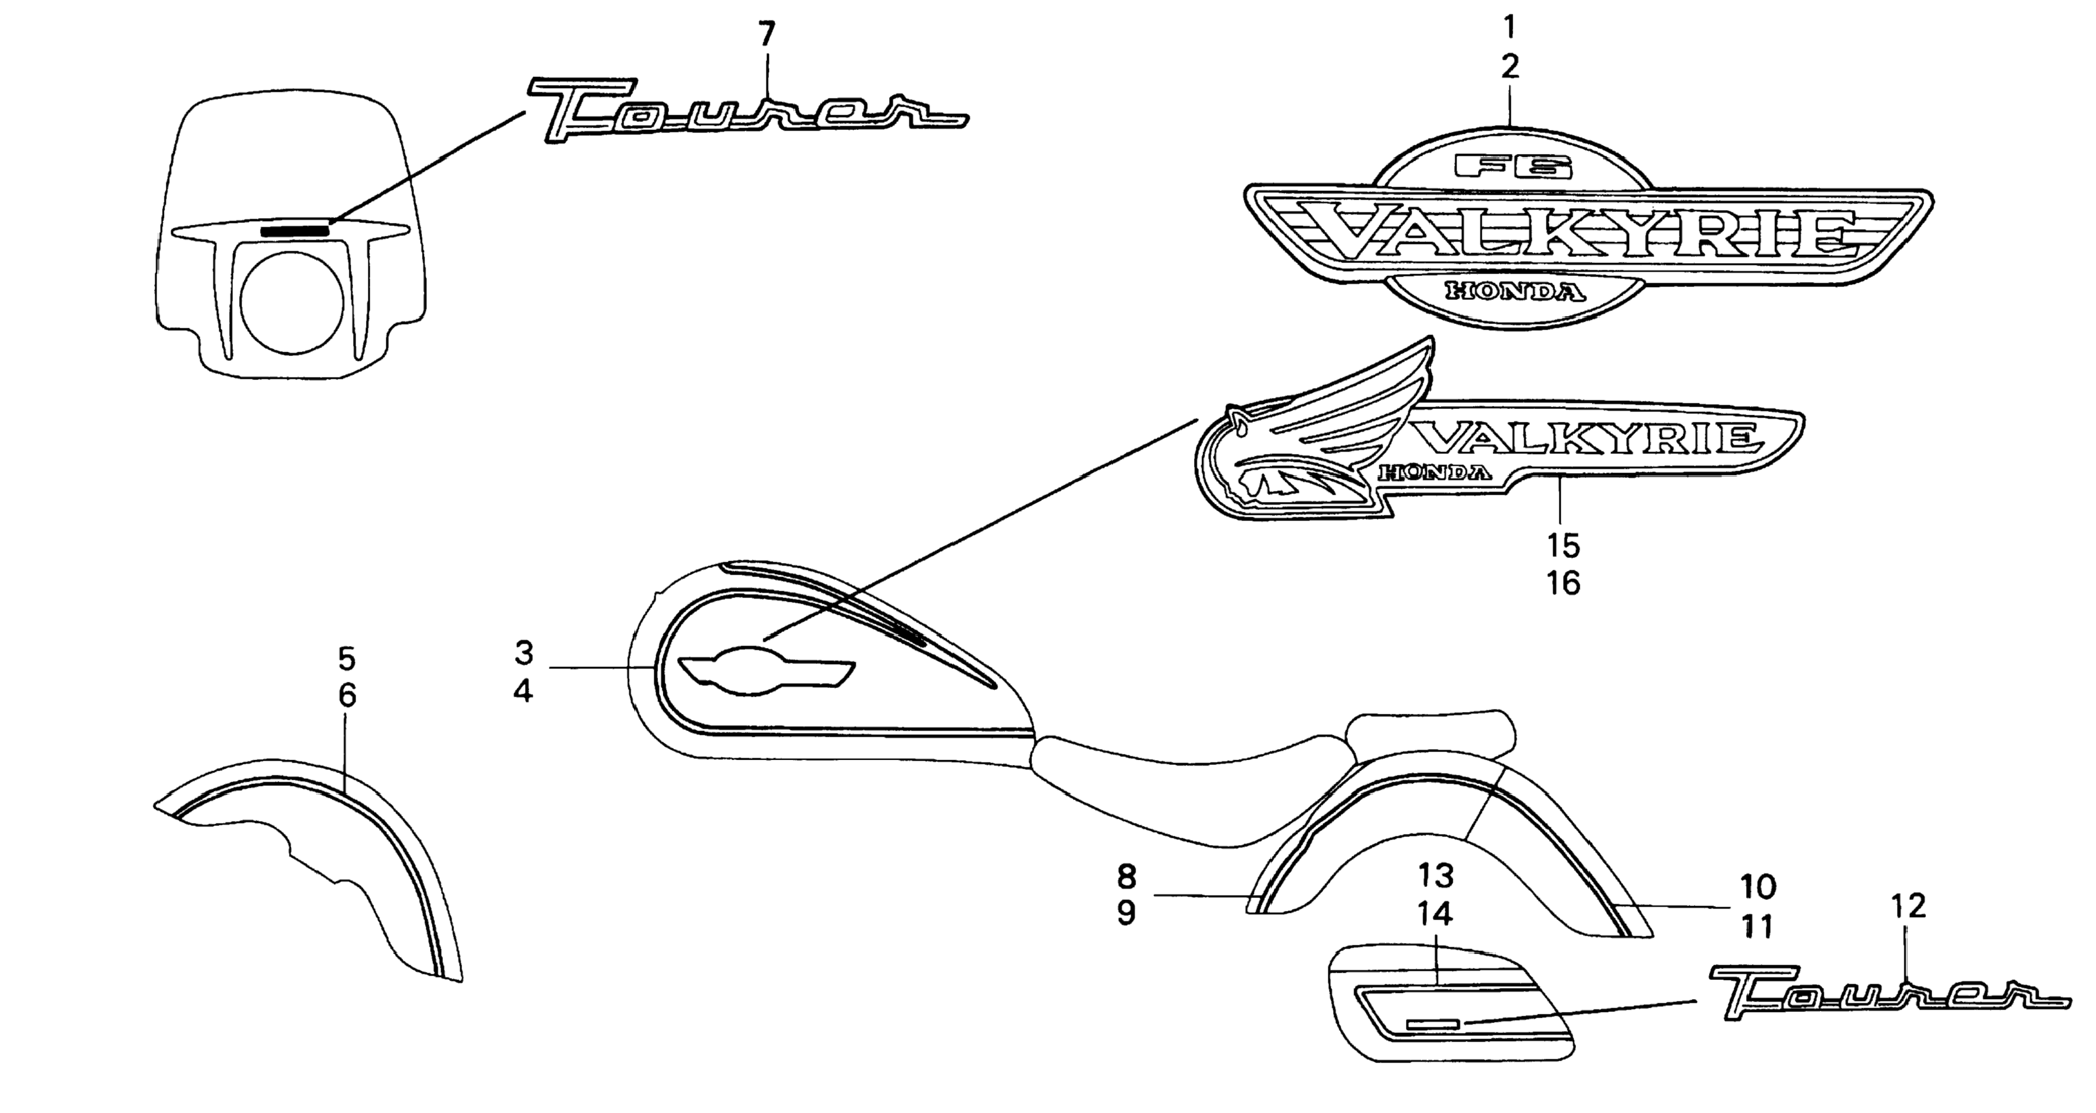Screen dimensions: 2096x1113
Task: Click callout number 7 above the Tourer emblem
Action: point(766,33)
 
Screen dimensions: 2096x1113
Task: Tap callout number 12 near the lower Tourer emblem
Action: point(1909,905)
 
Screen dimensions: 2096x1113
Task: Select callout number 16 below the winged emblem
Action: point(1563,583)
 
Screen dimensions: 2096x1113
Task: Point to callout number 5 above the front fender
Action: point(347,657)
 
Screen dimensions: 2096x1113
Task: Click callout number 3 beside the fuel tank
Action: point(523,652)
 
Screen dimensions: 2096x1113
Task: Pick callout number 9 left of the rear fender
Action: point(1126,913)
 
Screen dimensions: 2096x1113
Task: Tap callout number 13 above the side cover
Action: point(1436,875)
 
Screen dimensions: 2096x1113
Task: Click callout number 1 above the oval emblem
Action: point(1509,28)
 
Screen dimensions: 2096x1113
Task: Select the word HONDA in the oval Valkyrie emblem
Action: point(1516,291)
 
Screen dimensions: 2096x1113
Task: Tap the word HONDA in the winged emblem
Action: point(1436,472)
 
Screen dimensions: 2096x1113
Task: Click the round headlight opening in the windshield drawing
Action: point(291,302)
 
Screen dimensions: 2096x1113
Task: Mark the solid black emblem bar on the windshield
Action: point(294,231)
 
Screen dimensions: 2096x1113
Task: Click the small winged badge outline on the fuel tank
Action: point(765,671)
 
